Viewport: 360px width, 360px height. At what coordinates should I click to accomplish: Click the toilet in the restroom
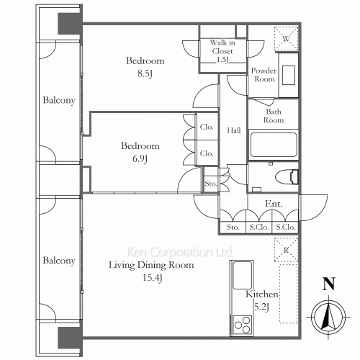(x=287, y=177)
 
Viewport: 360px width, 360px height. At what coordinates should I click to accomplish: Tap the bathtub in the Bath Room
(x=274, y=145)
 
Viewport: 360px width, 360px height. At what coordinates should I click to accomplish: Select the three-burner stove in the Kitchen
(x=242, y=325)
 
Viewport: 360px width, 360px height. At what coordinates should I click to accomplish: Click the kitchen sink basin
(x=243, y=275)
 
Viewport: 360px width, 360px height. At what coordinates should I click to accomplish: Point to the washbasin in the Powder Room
(x=288, y=75)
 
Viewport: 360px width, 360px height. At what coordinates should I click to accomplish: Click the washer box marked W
(x=286, y=38)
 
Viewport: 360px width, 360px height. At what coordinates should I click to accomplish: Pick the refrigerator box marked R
(x=286, y=249)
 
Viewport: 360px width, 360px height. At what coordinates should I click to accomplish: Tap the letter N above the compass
(x=328, y=284)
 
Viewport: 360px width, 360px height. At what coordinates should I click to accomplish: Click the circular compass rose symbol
(x=328, y=317)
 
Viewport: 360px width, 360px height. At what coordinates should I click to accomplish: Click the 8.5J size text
(x=145, y=73)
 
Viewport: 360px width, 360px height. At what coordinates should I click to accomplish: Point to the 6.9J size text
(x=140, y=158)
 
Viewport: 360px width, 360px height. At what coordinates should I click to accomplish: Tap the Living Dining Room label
(x=151, y=265)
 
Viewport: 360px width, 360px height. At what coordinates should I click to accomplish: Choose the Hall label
(x=234, y=130)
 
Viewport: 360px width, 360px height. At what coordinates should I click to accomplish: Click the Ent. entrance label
(x=274, y=204)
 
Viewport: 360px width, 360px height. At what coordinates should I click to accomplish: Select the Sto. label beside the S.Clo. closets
(x=233, y=227)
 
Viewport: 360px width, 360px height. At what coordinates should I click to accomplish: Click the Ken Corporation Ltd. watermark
(x=179, y=251)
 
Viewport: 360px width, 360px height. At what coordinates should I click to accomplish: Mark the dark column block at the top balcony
(x=70, y=24)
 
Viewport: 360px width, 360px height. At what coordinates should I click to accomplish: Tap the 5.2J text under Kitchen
(x=261, y=307)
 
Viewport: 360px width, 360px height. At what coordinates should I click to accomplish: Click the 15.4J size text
(x=153, y=278)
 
